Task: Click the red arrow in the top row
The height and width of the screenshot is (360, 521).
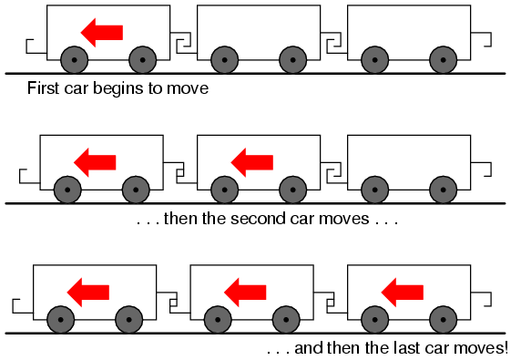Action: pos(102,33)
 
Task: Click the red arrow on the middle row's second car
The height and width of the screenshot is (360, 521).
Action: pos(252,162)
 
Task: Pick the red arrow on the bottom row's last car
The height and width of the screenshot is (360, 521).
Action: pos(402,293)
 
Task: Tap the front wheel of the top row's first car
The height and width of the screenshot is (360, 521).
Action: pos(75,60)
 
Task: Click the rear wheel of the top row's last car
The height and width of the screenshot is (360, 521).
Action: pos(444,60)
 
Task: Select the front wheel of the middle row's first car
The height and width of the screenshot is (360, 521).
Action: pos(67,190)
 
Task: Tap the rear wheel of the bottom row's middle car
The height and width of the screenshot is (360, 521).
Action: pos(286,320)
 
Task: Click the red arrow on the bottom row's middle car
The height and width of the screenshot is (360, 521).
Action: pos(245,293)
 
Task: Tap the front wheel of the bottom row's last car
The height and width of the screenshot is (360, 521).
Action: pos(374,320)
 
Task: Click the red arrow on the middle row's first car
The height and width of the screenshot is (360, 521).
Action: pos(95,162)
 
